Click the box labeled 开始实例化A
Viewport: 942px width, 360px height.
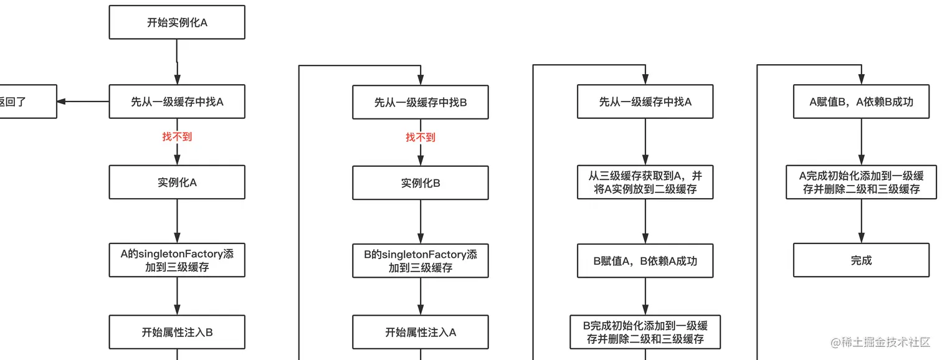[177, 22]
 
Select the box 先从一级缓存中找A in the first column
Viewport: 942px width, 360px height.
[177, 102]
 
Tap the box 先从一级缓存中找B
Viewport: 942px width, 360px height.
[421, 102]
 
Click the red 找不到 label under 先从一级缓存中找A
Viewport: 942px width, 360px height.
[177, 136]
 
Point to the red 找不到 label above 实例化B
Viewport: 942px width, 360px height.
[421, 137]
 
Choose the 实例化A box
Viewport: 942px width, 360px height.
[177, 182]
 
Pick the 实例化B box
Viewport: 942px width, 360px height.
[421, 183]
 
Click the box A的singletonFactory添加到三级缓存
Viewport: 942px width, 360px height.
[177, 260]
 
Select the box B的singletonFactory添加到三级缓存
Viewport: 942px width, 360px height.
[421, 261]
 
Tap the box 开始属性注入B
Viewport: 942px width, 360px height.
[177, 332]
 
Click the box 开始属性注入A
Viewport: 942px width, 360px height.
[421, 333]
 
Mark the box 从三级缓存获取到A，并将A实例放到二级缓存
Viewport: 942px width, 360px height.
[645, 182]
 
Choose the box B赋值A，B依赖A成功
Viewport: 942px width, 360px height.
[645, 261]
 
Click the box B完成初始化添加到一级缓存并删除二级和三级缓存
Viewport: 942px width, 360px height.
[645, 332]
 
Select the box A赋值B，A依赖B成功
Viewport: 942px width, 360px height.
[861, 102]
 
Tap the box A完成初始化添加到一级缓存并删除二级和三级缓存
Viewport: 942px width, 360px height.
[861, 182]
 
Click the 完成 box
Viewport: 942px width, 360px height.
[861, 260]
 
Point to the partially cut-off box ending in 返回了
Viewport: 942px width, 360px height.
[25, 102]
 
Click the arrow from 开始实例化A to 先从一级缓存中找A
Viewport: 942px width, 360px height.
[177, 62]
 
